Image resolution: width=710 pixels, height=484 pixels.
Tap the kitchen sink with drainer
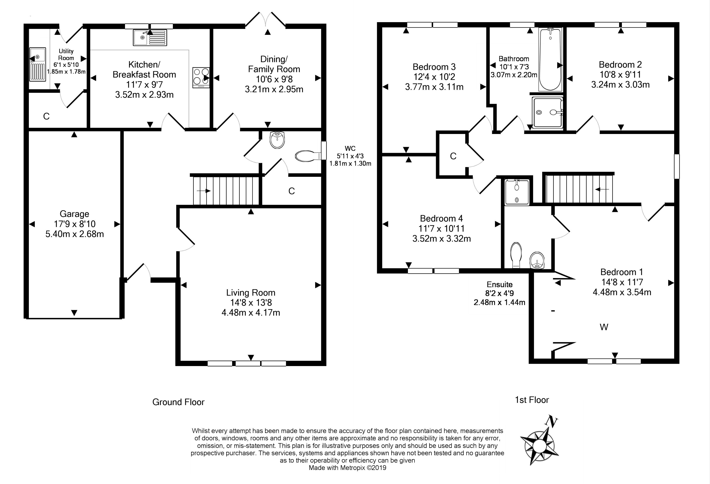tap(150, 37)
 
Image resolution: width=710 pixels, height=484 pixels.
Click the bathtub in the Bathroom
tap(550, 59)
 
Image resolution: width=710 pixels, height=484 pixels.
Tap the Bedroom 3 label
tap(434, 67)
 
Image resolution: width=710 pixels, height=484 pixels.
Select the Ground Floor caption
tap(178, 402)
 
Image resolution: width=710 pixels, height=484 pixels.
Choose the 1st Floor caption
tap(532, 400)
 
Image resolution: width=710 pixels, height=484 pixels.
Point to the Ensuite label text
tap(499, 284)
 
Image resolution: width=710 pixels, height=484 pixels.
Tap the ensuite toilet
tap(516, 255)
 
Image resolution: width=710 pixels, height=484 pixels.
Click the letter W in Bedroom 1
tap(604, 327)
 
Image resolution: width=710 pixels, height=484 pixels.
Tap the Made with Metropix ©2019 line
tap(347, 468)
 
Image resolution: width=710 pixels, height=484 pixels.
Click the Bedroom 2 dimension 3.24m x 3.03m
tap(620, 85)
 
